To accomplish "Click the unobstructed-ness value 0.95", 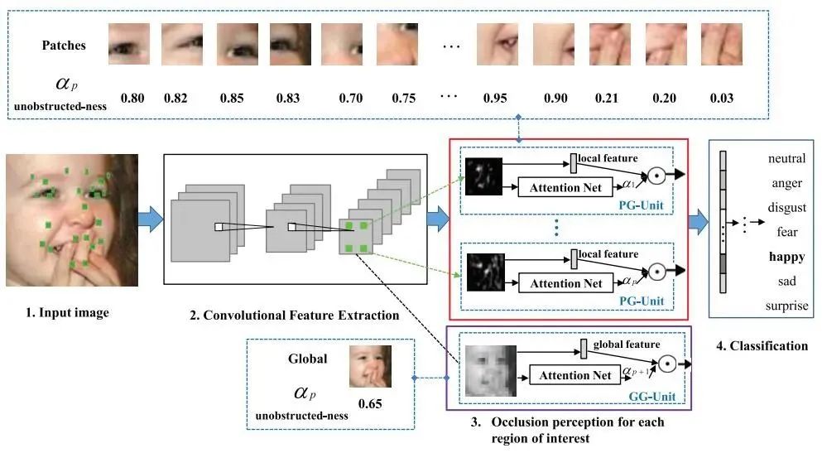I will [494, 99].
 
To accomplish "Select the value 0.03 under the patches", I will [721, 99].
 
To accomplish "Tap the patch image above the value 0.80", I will [129, 45].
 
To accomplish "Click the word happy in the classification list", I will [786, 257].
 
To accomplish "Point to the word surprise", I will [787, 306].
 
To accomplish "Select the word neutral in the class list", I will [786, 158].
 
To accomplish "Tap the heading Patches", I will [64, 46].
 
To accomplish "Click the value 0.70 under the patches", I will [351, 99].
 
